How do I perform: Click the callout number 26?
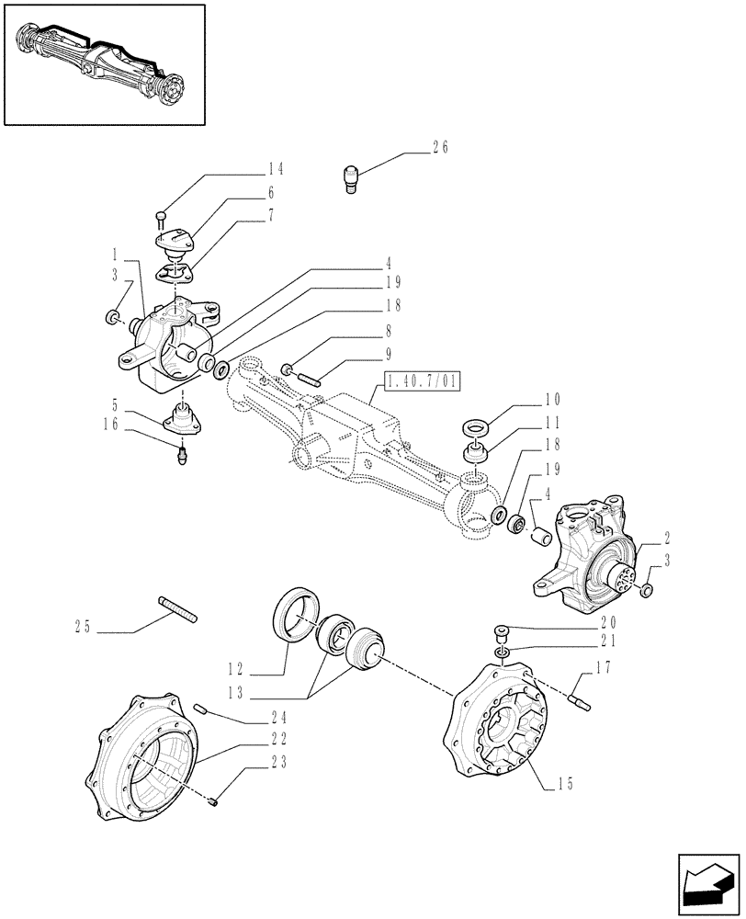[x=440, y=146]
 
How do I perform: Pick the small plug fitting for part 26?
[x=350, y=176]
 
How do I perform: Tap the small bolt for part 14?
[x=161, y=218]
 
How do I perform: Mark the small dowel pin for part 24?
[x=204, y=709]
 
